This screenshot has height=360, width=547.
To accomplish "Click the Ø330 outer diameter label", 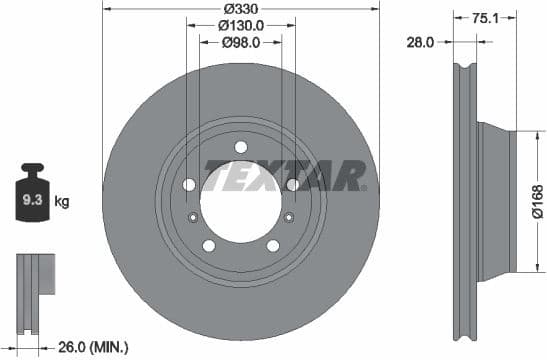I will (x=240, y=8).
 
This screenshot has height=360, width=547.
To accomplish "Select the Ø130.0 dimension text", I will (x=240, y=25).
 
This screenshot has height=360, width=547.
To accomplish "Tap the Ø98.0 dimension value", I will (x=240, y=42).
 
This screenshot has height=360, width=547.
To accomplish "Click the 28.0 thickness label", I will (x=421, y=42).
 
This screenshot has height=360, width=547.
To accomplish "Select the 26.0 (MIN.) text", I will (x=92, y=347).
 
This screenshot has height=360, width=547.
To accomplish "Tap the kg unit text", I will (x=62, y=203).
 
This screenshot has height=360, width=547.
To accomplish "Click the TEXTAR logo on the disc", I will (x=286, y=176).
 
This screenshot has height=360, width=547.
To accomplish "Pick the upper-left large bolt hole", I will (x=189, y=184).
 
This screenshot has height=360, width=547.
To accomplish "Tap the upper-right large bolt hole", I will (x=292, y=184).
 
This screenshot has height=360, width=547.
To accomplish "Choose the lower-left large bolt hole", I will (x=208, y=245).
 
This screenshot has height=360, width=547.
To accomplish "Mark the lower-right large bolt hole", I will (x=272, y=245).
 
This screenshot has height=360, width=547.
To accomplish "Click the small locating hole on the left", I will (x=192, y=219).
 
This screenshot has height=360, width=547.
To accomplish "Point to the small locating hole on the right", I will (x=288, y=219).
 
